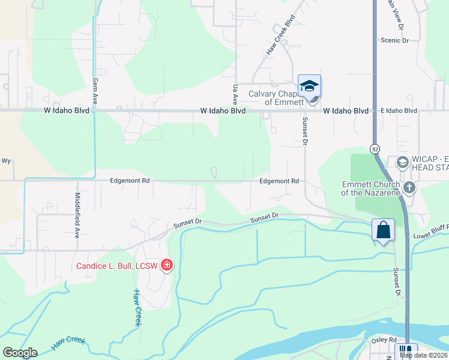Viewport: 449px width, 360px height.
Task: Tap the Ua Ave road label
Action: (235, 94)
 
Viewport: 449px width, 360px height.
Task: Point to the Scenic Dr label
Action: (394, 40)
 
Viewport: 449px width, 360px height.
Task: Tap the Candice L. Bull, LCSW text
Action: (116, 266)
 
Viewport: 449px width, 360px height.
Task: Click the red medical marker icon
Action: (166, 265)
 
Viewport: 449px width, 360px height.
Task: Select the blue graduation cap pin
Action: (309, 87)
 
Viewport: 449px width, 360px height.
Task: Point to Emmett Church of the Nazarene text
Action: (370, 188)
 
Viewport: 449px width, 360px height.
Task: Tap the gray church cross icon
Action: (409, 188)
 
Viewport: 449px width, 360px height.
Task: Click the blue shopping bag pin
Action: (383, 230)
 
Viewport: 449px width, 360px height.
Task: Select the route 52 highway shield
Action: (375, 148)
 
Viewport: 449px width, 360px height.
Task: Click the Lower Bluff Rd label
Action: (430, 236)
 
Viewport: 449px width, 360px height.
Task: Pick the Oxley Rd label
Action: (384, 339)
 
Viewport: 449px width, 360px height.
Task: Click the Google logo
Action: (20, 353)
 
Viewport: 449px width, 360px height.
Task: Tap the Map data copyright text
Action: (424, 355)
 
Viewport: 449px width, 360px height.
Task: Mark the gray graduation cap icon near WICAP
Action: (402, 161)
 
